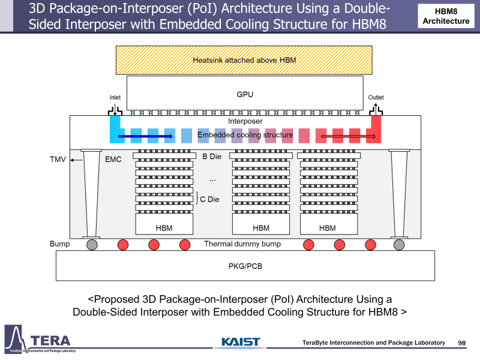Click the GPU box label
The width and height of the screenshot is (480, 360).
tap(245, 95)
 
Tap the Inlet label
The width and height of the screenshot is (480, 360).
tap(115, 97)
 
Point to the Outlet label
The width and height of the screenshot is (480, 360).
tap(376, 97)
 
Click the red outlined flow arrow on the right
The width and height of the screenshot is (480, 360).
tap(349, 136)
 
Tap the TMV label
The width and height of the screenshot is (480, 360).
tap(56, 160)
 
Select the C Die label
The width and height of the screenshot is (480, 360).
tap(211, 199)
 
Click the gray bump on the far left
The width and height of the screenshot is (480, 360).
tap(92, 244)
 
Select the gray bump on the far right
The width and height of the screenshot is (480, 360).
tap(399, 244)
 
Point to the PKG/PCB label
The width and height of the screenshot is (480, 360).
tap(245, 265)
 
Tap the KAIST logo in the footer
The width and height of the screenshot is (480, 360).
tap(240, 342)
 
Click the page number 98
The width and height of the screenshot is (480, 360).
tap(461, 343)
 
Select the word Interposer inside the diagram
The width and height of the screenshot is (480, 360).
tap(245, 121)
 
